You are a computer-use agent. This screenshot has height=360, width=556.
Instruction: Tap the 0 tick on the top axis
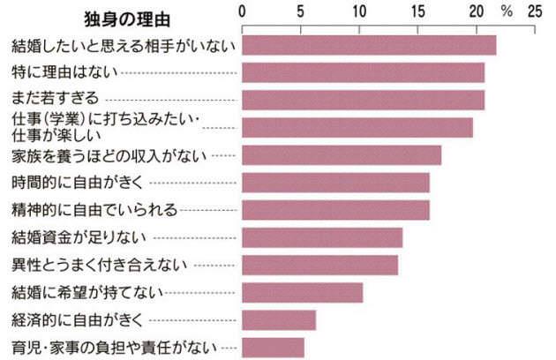click(x=243, y=12)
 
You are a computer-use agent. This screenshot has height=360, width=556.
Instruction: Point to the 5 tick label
click(x=301, y=12)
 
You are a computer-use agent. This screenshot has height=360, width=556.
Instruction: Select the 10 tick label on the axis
click(x=359, y=12)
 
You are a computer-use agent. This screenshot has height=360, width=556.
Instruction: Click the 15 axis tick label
click(x=417, y=12)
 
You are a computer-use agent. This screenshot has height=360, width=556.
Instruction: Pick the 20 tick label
click(x=476, y=12)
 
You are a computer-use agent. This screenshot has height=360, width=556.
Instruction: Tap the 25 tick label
click(x=534, y=12)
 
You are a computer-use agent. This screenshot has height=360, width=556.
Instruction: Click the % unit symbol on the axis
click(x=506, y=12)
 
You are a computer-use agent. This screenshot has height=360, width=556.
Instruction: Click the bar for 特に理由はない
click(x=363, y=71)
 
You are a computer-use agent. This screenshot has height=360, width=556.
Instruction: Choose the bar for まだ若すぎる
click(x=363, y=99)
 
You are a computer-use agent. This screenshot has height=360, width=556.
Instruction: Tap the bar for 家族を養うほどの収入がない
click(x=342, y=155)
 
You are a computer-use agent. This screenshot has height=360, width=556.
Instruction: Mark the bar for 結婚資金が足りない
click(x=322, y=237)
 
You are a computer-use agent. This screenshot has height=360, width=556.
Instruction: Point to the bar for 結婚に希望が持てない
click(x=302, y=292)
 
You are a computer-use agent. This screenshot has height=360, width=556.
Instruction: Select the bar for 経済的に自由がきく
click(x=279, y=319)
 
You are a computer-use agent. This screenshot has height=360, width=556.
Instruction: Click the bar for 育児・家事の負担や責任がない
click(x=273, y=347)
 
